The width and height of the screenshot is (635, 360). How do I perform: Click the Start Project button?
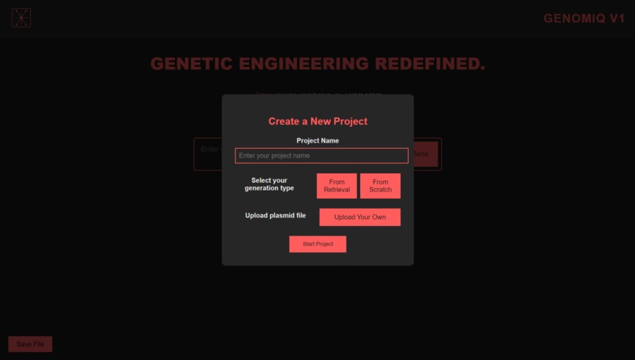(x=317, y=244)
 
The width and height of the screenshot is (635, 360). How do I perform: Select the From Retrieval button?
(x=336, y=186)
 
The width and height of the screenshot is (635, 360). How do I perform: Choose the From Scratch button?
(x=381, y=186)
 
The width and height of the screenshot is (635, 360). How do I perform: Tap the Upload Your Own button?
(x=360, y=217)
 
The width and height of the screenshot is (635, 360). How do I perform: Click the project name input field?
(x=321, y=156)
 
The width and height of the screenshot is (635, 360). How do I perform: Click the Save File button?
(x=30, y=344)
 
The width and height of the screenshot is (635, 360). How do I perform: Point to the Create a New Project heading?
(x=317, y=121)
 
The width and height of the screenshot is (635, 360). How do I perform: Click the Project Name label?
(x=317, y=140)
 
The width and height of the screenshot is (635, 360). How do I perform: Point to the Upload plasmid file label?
(x=276, y=216)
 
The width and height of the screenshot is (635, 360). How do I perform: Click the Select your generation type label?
(x=269, y=184)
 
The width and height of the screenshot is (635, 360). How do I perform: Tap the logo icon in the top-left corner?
(x=21, y=17)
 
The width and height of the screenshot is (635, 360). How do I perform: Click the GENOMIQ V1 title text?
(x=584, y=18)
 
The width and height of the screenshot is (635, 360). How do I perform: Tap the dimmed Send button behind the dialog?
(x=421, y=154)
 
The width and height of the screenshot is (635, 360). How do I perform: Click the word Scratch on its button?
(x=381, y=190)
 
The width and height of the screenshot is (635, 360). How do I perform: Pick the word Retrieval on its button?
(x=336, y=190)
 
